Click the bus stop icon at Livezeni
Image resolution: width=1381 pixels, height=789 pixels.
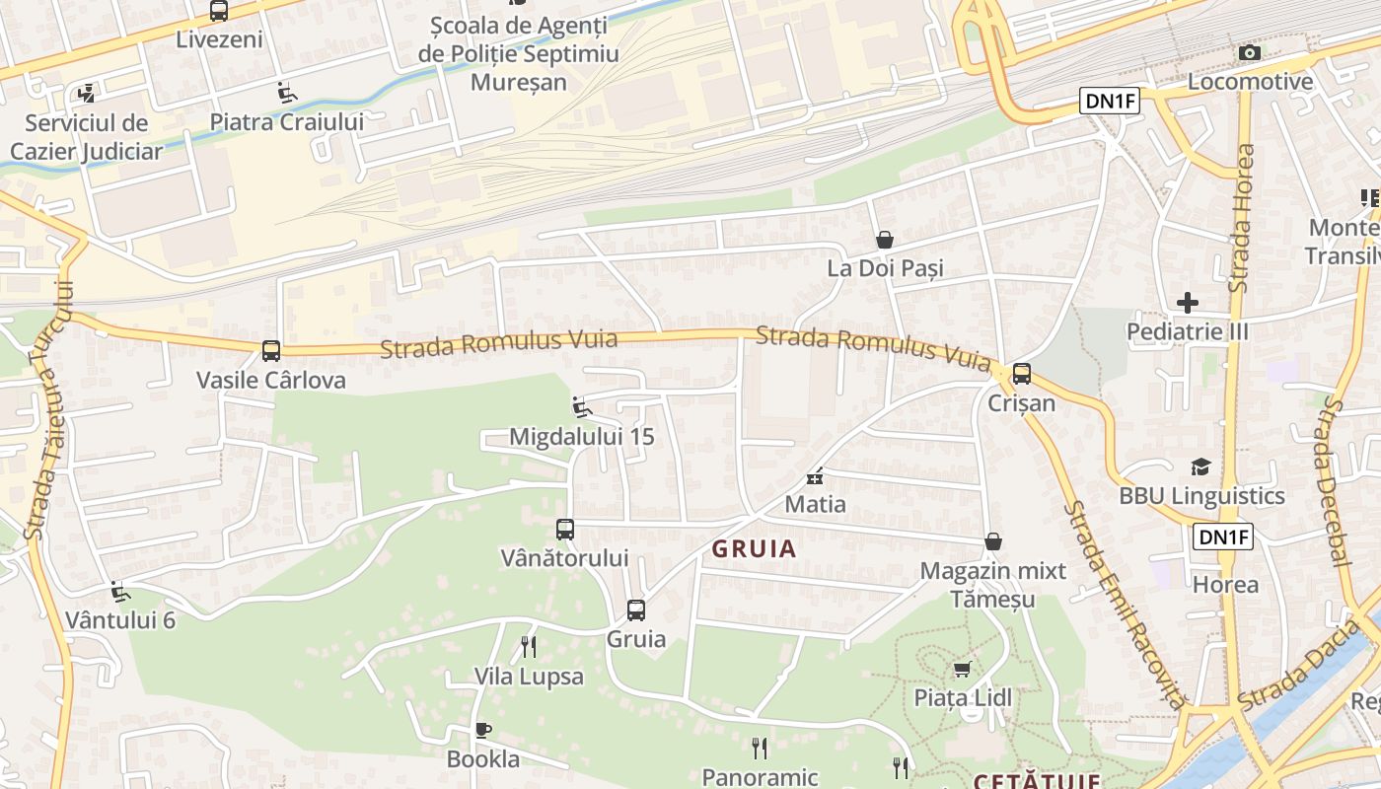(219, 11)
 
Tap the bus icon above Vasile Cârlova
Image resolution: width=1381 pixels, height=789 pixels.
(270, 350)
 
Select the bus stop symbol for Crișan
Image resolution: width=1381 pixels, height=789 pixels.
(1022, 374)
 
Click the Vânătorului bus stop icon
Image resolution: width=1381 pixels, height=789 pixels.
(564, 530)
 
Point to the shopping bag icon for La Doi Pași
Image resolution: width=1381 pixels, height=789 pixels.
(885, 240)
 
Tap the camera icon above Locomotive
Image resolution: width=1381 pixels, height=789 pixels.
(1250, 52)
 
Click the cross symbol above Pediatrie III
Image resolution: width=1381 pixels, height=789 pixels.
(1188, 303)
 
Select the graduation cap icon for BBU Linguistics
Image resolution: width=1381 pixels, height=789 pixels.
(1200, 466)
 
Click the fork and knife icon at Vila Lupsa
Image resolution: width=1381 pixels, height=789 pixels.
(529, 647)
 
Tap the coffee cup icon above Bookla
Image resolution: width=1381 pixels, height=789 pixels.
(482, 730)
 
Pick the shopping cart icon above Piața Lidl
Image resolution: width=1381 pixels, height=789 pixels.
(962, 670)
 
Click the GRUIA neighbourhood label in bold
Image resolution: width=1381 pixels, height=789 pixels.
(754, 549)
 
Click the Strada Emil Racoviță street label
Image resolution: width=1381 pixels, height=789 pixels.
(1125, 604)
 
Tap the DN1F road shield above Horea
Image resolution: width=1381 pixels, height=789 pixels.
(1223, 537)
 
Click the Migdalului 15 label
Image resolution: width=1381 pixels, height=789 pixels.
(581, 436)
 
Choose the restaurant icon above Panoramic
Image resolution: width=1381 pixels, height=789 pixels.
(759, 749)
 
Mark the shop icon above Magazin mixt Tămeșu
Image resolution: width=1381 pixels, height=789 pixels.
(993, 541)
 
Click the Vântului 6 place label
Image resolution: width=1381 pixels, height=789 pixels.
(120, 620)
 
